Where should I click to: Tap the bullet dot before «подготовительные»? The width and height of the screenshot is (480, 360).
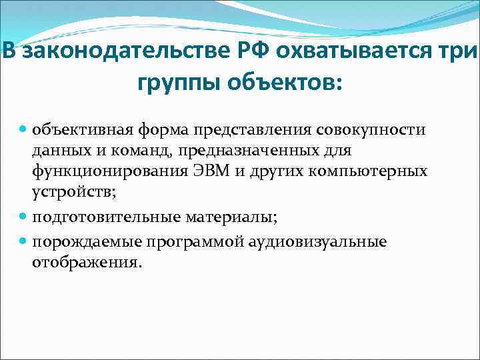[23, 218]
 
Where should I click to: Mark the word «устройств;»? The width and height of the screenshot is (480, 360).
[67, 195]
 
